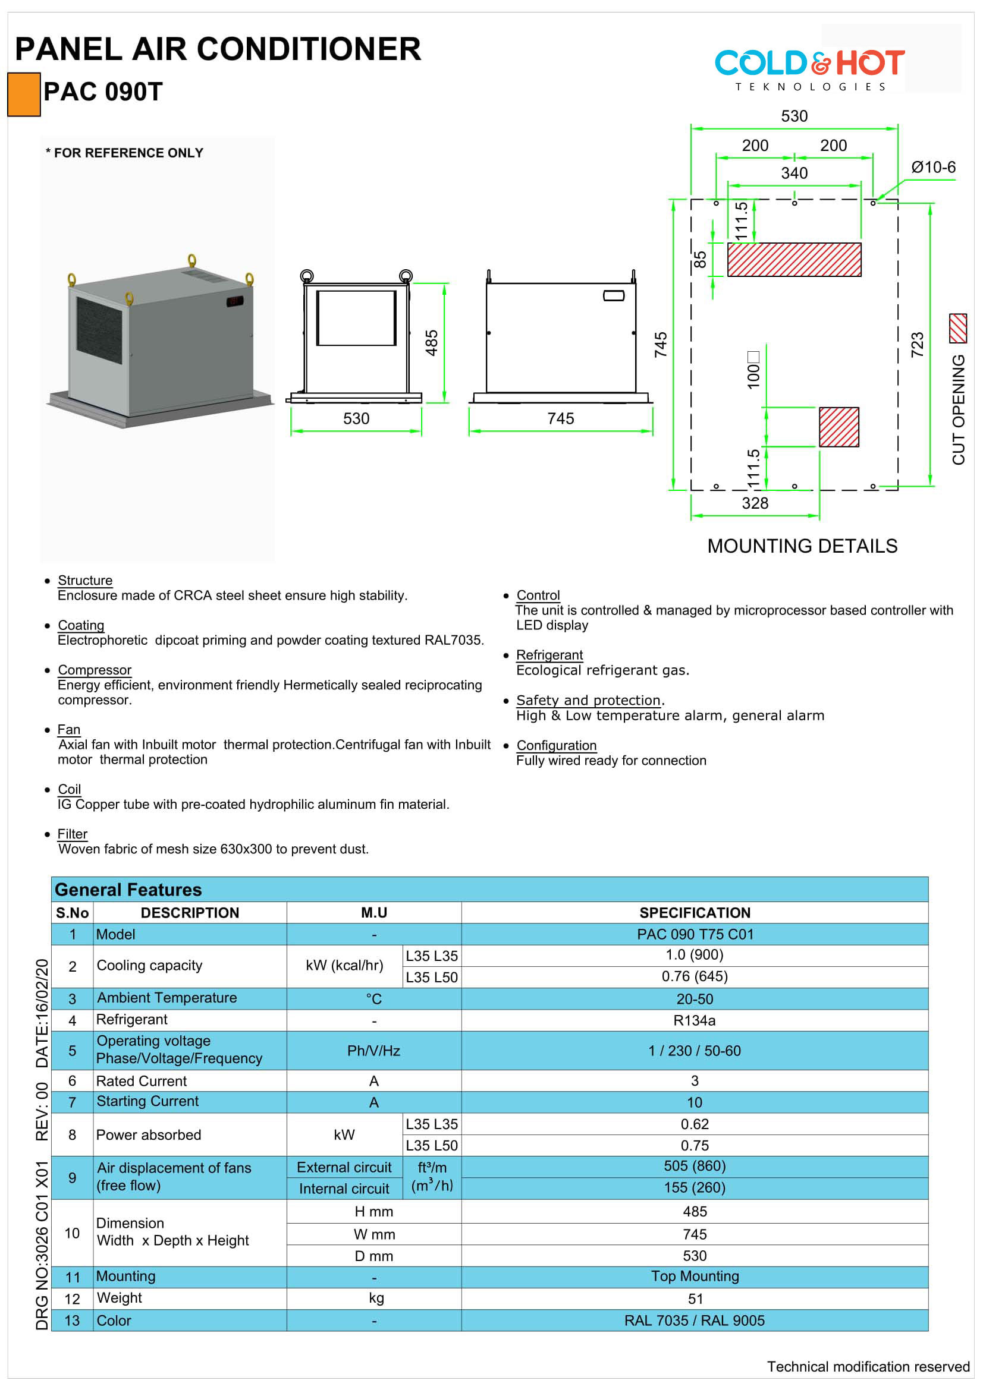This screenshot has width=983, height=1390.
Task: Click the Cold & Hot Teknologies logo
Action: pyautogui.click(x=809, y=68)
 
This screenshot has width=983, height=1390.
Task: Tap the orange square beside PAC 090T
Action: pyautogui.click(x=24, y=94)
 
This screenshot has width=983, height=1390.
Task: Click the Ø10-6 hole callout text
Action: pyautogui.click(x=932, y=167)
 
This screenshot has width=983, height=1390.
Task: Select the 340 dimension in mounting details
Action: pyautogui.click(x=793, y=173)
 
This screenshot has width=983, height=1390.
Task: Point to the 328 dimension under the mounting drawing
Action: pyautogui.click(x=755, y=503)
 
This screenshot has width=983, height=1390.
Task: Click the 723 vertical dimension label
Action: pyautogui.click(x=917, y=345)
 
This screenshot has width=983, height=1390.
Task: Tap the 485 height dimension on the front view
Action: pyautogui.click(x=431, y=343)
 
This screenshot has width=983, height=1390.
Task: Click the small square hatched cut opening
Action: pyautogui.click(x=838, y=427)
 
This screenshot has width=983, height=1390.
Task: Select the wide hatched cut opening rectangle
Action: pyautogui.click(x=793, y=260)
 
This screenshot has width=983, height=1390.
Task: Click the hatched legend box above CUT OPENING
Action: pyautogui.click(x=957, y=328)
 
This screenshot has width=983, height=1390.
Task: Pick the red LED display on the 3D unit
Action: pyautogui.click(x=234, y=301)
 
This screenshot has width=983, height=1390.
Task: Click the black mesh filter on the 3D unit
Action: pyautogui.click(x=99, y=330)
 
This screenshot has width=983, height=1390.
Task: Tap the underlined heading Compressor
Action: pyautogui.click(x=95, y=670)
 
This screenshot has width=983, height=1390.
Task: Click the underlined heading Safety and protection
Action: pyautogui.click(x=588, y=700)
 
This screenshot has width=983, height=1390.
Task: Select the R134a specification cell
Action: pyautogui.click(x=694, y=1020)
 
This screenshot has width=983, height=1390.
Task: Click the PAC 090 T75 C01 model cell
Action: pyautogui.click(x=695, y=934)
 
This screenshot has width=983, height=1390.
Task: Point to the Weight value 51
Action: pyautogui.click(x=695, y=1298)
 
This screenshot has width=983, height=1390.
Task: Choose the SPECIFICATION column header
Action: pyautogui.click(x=695, y=912)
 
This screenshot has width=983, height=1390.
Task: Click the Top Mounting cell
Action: pyautogui.click(x=695, y=1276)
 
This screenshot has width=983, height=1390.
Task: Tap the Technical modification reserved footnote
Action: pyautogui.click(x=867, y=1366)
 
